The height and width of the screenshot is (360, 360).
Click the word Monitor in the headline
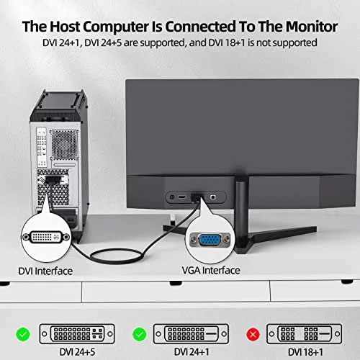[312, 27]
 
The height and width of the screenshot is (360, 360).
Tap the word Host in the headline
[65, 27]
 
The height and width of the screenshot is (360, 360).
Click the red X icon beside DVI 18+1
[253, 334]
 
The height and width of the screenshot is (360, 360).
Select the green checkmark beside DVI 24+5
[23, 334]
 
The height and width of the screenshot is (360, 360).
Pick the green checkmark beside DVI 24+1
[140, 334]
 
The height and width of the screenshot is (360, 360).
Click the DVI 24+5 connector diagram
[77, 333]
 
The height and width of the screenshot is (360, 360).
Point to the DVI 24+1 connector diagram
[191, 333]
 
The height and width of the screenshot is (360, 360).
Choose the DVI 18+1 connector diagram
[304, 333]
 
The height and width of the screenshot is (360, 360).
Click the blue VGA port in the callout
[210, 240]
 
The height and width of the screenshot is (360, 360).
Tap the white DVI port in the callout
[46, 237]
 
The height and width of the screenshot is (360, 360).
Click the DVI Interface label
[45, 271]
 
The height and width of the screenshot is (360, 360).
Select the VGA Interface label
[211, 271]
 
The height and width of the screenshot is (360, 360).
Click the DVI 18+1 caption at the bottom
[305, 352]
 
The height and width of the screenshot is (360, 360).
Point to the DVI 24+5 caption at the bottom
[77, 352]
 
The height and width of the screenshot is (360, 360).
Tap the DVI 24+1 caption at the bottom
[192, 352]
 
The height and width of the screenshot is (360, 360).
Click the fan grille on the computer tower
[64, 145]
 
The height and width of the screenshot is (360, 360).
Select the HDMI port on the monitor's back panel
[182, 197]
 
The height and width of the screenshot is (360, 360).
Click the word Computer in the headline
[116, 27]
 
